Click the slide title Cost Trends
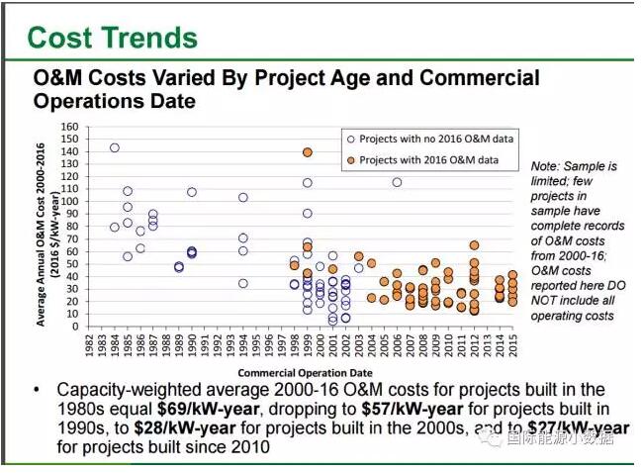tap(112, 38)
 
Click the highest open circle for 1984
tap(115, 147)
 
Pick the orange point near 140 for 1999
tap(308, 152)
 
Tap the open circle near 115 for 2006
tap(397, 182)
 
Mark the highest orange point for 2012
tap(474, 245)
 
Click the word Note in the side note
tap(546, 167)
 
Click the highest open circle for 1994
tap(242, 198)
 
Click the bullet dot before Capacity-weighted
tap(37, 389)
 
